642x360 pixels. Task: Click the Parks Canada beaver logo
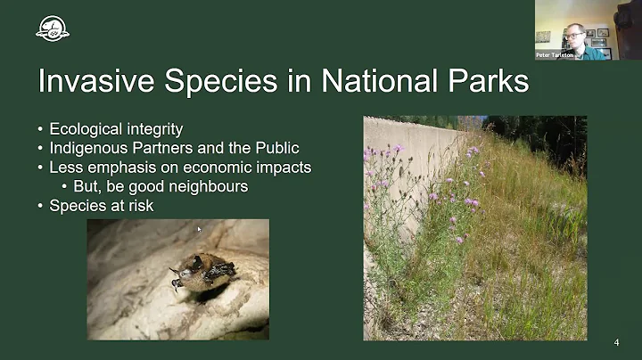pos(53,29)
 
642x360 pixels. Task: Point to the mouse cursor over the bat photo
pos(199,230)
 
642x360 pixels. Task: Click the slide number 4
pos(617,342)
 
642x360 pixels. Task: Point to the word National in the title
pos(372,82)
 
